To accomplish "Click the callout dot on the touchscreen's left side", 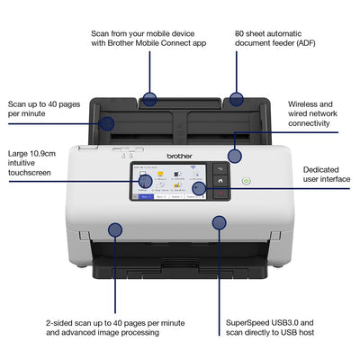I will tap(144, 181).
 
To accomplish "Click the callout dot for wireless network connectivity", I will tap(235, 156).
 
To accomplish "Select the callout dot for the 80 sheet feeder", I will tap(236, 99).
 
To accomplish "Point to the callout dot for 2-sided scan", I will tap(115, 230).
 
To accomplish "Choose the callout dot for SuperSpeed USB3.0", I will tap(218, 222).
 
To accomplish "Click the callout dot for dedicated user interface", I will tap(199, 189).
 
